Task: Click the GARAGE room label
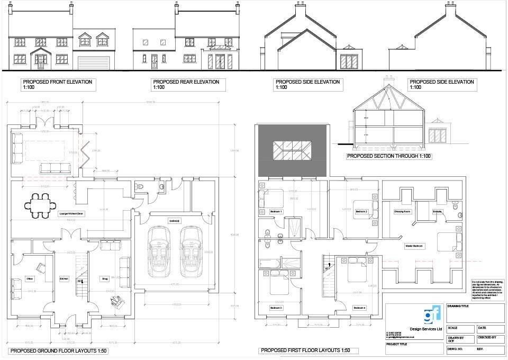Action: click(175, 220)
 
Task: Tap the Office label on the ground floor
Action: click(30, 278)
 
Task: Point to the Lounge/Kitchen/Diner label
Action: click(72, 214)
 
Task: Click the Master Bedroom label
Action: click(414, 246)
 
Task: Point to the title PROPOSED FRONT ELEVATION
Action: click(58, 82)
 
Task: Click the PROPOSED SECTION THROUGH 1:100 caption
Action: click(389, 157)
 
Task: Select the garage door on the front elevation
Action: click(94, 62)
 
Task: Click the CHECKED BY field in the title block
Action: click(486, 337)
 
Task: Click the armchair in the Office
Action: click(40, 267)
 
